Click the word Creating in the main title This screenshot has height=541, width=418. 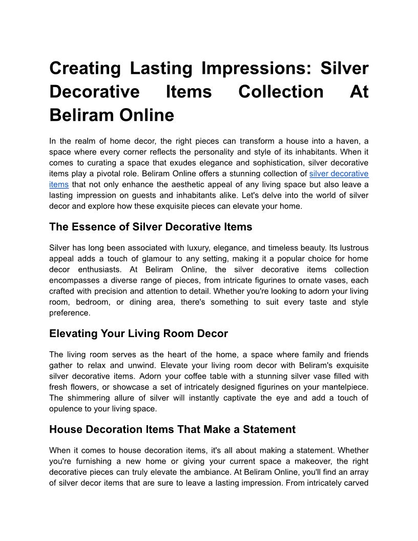pos(85,68)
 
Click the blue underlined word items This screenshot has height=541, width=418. pos(59,184)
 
